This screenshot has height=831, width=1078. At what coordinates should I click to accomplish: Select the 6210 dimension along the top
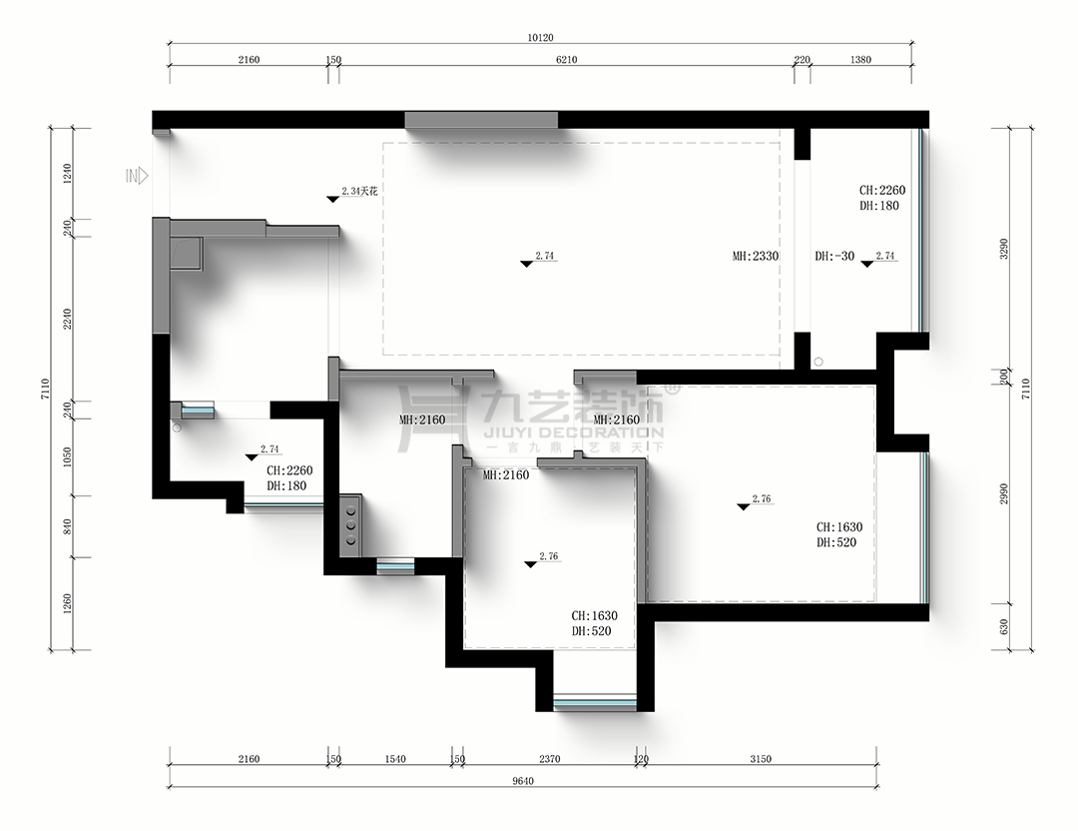coord(567,60)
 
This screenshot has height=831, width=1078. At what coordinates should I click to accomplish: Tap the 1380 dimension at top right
coord(860,60)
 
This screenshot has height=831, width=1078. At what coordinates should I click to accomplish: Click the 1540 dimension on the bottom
coord(394,759)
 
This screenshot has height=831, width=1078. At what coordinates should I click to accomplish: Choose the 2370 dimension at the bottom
coord(549,759)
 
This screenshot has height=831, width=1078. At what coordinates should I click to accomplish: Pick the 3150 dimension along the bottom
coord(761,759)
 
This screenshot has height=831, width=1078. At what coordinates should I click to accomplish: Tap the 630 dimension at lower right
coord(1004,626)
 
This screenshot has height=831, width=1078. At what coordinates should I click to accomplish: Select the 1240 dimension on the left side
coord(68,176)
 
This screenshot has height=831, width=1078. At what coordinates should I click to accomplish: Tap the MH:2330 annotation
coord(755,257)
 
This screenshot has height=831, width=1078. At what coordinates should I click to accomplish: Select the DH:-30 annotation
coord(834,257)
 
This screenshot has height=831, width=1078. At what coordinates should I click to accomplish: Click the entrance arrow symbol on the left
coord(138,176)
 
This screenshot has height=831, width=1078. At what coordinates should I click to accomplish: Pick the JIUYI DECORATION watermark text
coord(572,433)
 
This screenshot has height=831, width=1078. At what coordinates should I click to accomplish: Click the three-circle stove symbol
coord(350,523)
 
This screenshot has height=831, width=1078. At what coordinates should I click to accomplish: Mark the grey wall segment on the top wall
coord(481,120)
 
